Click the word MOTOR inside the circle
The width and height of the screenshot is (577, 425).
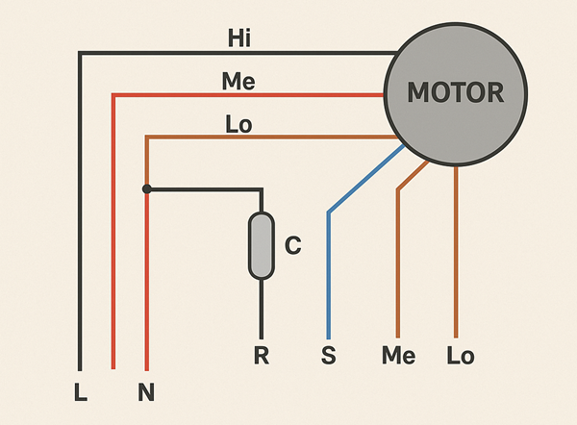click(x=456, y=93)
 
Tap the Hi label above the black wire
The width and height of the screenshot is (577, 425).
click(x=239, y=38)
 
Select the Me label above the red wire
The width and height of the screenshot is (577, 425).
click(x=238, y=82)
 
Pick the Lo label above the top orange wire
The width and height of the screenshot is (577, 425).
click(x=238, y=124)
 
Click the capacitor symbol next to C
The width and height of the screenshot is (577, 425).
click(x=260, y=247)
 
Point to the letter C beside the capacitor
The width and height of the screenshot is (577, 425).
click(x=293, y=247)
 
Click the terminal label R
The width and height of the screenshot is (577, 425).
click(x=261, y=357)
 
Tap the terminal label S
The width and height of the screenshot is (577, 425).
click(x=328, y=357)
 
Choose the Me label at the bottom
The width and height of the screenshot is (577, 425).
click(x=398, y=357)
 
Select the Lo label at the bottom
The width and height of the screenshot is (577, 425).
click(x=461, y=357)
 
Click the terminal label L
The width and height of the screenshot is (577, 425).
click(x=80, y=392)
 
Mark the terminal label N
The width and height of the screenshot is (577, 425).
click(x=146, y=392)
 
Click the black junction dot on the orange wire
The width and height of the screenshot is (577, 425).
click(x=146, y=189)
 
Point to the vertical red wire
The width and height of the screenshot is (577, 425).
click(x=113, y=240)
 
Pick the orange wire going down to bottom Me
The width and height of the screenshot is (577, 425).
click(x=397, y=269)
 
